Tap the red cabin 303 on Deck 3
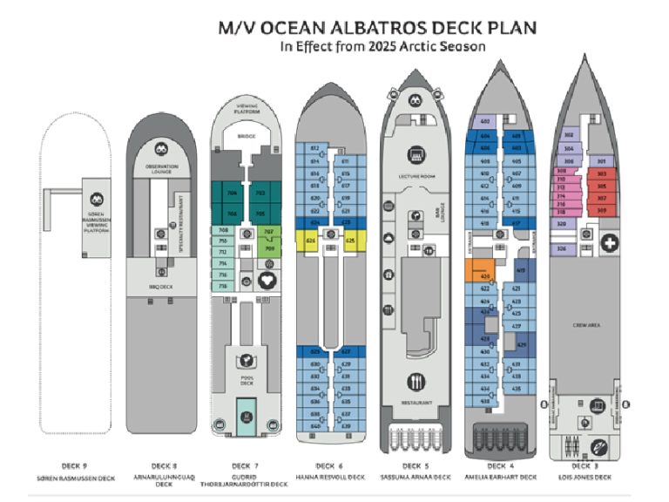tap(602, 174)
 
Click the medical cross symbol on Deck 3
tap(611, 242)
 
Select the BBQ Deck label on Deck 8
tap(161, 285)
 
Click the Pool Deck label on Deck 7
tap(249, 379)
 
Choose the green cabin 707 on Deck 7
tap(269, 232)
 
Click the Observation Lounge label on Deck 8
tap(161, 169)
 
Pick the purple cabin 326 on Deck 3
tap(563, 248)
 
